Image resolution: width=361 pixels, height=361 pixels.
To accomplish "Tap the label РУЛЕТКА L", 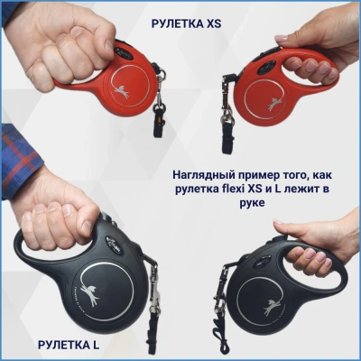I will [x=69, y=345].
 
